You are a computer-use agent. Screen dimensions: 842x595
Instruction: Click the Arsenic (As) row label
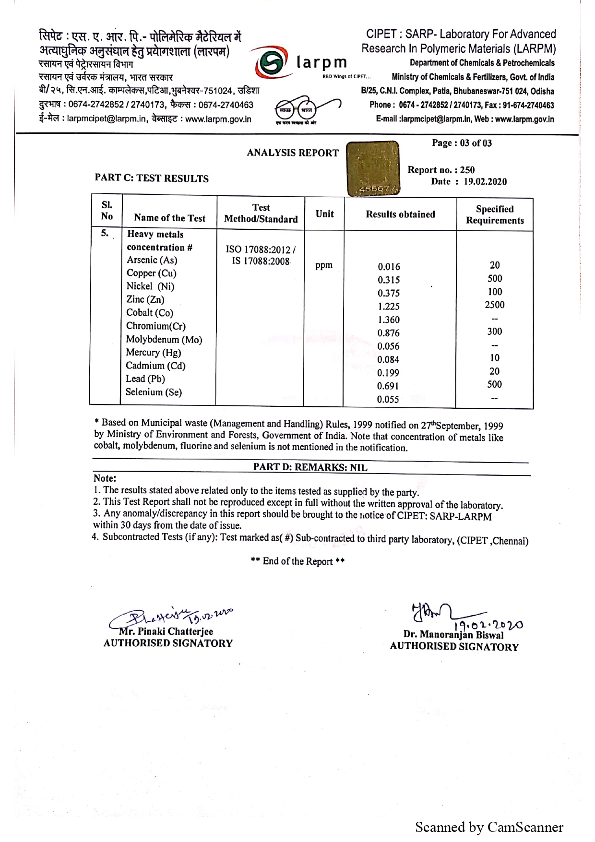(x=152, y=260)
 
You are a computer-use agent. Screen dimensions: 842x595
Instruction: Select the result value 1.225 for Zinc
(x=388, y=306)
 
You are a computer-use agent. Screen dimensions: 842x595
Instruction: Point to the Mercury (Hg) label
(x=154, y=353)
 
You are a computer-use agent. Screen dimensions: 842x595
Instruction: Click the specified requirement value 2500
(x=494, y=305)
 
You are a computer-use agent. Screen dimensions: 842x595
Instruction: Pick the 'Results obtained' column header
(x=400, y=214)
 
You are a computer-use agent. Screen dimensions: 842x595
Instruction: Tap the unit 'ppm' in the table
(x=324, y=265)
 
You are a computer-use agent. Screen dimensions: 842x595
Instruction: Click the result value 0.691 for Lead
(x=388, y=386)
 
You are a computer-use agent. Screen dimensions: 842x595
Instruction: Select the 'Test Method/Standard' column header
(x=261, y=213)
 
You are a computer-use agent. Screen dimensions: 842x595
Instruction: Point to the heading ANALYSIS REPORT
(x=293, y=153)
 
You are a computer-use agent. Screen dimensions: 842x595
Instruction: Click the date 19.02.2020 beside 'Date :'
(x=485, y=182)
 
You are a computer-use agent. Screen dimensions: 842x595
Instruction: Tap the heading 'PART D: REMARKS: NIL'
(x=310, y=467)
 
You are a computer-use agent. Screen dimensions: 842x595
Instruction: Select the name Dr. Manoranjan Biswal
(x=453, y=635)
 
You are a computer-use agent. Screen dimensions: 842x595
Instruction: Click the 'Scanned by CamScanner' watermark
(x=489, y=827)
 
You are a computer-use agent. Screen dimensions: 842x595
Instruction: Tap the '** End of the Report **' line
(x=297, y=561)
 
